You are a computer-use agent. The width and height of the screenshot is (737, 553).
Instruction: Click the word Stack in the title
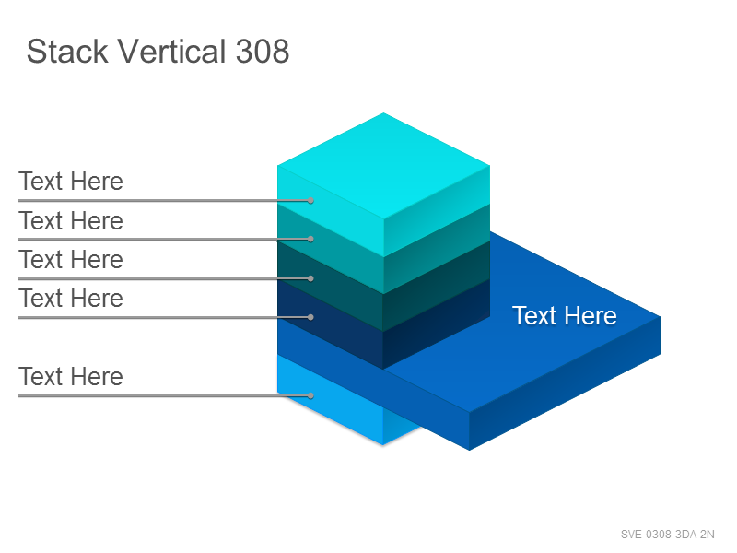click(67, 51)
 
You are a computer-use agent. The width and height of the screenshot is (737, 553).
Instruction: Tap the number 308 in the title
click(263, 51)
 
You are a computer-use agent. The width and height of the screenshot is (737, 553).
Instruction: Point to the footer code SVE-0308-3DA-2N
click(667, 535)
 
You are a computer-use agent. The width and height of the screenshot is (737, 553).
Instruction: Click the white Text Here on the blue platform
click(565, 315)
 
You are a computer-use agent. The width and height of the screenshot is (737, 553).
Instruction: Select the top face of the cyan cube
click(383, 166)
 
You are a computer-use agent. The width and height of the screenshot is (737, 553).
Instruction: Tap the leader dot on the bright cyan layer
click(310, 200)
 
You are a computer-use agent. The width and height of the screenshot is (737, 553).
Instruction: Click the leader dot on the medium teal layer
click(310, 239)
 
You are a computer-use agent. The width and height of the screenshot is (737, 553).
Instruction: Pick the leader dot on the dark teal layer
click(310, 278)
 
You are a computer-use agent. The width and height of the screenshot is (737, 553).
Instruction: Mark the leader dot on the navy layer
click(310, 317)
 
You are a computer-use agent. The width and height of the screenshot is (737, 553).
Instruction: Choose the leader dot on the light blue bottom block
click(310, 395)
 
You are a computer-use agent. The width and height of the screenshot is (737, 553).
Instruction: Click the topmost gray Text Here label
click(71, 181)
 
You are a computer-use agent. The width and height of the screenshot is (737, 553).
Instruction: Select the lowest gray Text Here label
click(71, 376)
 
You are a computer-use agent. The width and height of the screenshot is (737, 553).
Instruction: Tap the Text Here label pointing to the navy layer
click(71, 298)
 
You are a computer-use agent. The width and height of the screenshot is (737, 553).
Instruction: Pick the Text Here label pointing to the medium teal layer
click(71, 220)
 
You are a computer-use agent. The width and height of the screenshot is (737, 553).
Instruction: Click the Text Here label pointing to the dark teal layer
click(71, 259)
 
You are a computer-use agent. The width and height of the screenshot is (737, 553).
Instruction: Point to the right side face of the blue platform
click(565, 383)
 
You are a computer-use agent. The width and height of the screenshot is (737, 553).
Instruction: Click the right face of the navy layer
click(437, 324)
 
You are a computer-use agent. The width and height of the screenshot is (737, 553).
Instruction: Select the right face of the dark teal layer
click(437, 287)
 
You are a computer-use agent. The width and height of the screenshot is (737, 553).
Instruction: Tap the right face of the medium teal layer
click(437, 249)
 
